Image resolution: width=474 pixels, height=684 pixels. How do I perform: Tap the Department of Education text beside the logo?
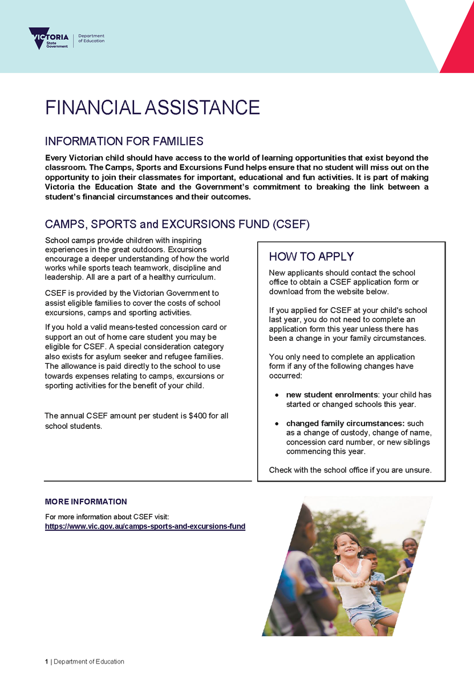[x=91, y=38]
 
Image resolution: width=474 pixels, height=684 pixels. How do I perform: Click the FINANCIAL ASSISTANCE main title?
[x=152, y=107]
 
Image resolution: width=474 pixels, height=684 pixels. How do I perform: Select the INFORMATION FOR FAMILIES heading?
[x=124, y=141]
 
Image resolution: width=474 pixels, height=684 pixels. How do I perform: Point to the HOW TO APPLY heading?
[x=311, y=256]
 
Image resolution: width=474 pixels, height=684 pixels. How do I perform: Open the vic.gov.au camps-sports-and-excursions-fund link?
[x=145, y=527]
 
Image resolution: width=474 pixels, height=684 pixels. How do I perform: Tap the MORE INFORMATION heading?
[x=86, y=502]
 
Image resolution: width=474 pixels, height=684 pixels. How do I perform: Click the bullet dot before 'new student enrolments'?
[x=277, y=395]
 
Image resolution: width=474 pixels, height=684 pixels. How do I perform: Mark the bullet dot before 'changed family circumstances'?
[x=277, y=424]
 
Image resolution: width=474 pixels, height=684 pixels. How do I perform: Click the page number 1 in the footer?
[x=47, y=662]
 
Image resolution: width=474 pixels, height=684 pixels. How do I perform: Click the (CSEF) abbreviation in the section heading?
[x=291, y=225]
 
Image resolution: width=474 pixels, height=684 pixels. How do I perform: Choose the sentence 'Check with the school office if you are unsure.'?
[x=350, y=470]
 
